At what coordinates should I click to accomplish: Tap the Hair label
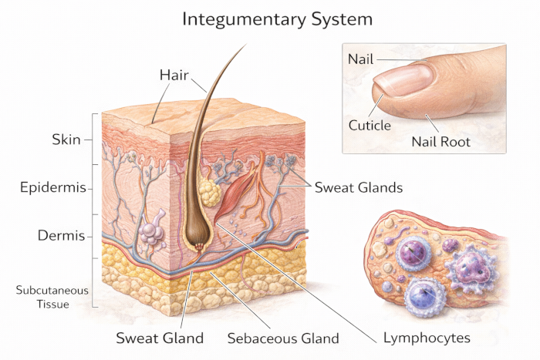point(174,75)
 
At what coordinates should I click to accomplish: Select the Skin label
point(66,140)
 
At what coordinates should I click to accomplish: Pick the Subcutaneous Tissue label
point(52,297)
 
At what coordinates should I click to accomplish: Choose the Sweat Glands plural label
point(358,187)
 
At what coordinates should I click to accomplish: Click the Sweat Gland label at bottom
point(160,338)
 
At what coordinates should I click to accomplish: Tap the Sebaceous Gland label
point(283,338)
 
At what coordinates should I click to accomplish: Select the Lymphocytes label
point(427,338)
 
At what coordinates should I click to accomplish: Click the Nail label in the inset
point(360,59)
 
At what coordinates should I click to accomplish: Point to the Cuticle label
point(370,125)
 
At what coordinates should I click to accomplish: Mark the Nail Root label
point(440,141)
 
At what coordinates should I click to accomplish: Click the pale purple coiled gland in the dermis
point(152,229)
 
